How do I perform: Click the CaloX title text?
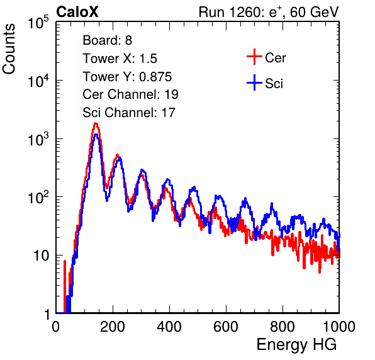(x=77, y=12)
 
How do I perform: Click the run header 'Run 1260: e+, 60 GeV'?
(x=269, y=12)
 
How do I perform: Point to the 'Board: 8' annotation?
(x=107, y=40)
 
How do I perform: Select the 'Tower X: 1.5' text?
(x=120, y=59)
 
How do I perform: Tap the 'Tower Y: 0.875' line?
(x=127, y=77)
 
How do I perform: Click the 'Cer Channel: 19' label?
(x=130, y=94)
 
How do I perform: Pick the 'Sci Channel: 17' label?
(x=129, y=113)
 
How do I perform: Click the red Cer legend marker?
(x=254, y=57)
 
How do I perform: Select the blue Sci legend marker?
(x=254, y=83)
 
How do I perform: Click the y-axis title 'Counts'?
(x=9, y=49)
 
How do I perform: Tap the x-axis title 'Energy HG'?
(x=296, y=345)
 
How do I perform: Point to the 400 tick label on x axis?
(x=169, y=327)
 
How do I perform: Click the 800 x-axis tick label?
(x=283, y=327)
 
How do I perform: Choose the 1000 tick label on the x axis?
(x=339, y=327)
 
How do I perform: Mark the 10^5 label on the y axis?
(x=38, y=22)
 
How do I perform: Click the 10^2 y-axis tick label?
(x=38, y=198)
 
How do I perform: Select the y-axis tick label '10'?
(x=41, y=256)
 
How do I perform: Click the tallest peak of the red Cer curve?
(x=96, y=123)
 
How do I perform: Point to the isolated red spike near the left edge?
(x=65, y=286)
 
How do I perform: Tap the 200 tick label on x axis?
(x=113, y=327)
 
